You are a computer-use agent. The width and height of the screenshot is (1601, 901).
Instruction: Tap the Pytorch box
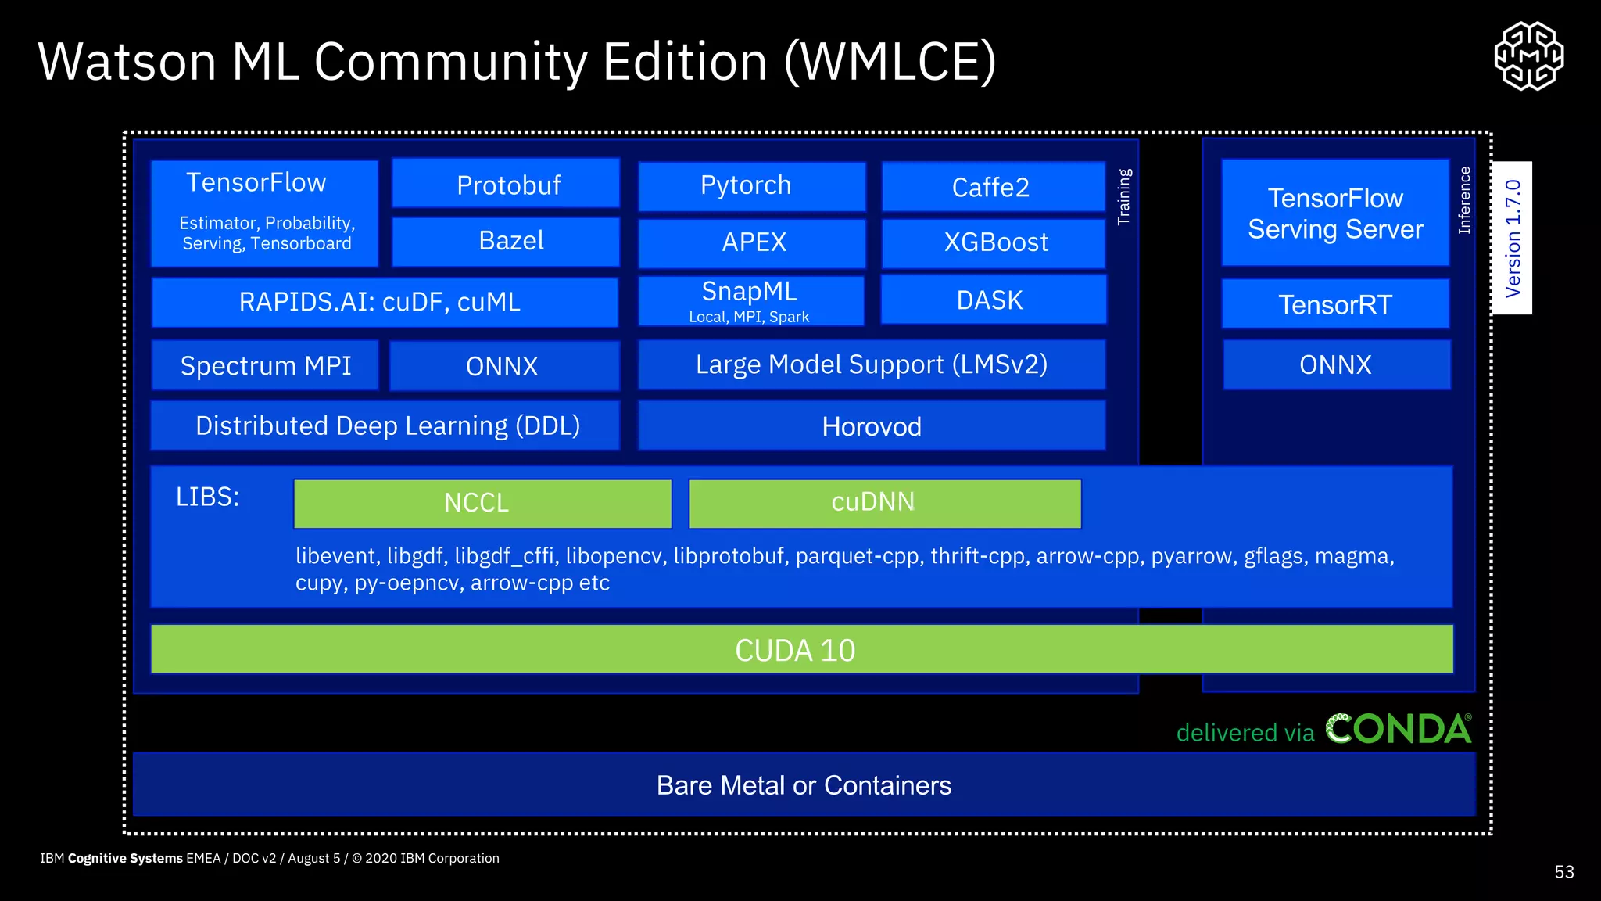coord(751,186)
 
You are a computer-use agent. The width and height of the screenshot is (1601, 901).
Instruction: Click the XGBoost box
coord(993,243)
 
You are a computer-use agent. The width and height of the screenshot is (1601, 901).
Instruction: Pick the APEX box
coord(751,243)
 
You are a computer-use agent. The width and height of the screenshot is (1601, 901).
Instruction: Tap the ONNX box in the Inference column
coord(1336,364)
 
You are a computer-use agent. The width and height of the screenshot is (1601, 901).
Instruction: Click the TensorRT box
coord(1335,304)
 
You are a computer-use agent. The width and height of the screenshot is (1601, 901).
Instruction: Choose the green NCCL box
coord(482,503)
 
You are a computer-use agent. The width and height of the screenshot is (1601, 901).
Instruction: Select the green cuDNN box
coord(884,503)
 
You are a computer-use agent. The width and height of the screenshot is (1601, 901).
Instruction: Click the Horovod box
coord(872,426)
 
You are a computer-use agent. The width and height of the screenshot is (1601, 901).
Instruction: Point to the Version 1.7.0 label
coord(1512,238)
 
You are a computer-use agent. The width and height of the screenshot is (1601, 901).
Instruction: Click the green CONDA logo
coord(1399,729)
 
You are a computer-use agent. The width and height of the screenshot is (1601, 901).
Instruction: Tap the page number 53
coord(1563,872)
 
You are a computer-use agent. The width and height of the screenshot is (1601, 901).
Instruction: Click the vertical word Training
coord(1124,197)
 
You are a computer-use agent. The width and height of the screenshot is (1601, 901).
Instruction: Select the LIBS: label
coord(207,497)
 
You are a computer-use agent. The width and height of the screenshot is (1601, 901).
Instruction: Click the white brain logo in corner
coord(1528,56)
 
